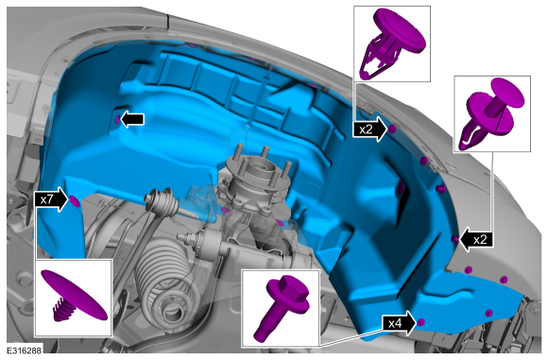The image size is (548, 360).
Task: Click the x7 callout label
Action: [46, 200]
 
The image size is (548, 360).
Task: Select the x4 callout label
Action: [395, 324]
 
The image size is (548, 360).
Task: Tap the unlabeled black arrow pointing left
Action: [132, 119]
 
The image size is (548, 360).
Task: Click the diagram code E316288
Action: [25, 351]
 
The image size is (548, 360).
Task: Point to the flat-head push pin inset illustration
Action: [74, 296]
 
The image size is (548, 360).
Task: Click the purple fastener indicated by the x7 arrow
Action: [75, 201]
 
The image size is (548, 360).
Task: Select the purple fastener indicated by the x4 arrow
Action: [421, 322]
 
